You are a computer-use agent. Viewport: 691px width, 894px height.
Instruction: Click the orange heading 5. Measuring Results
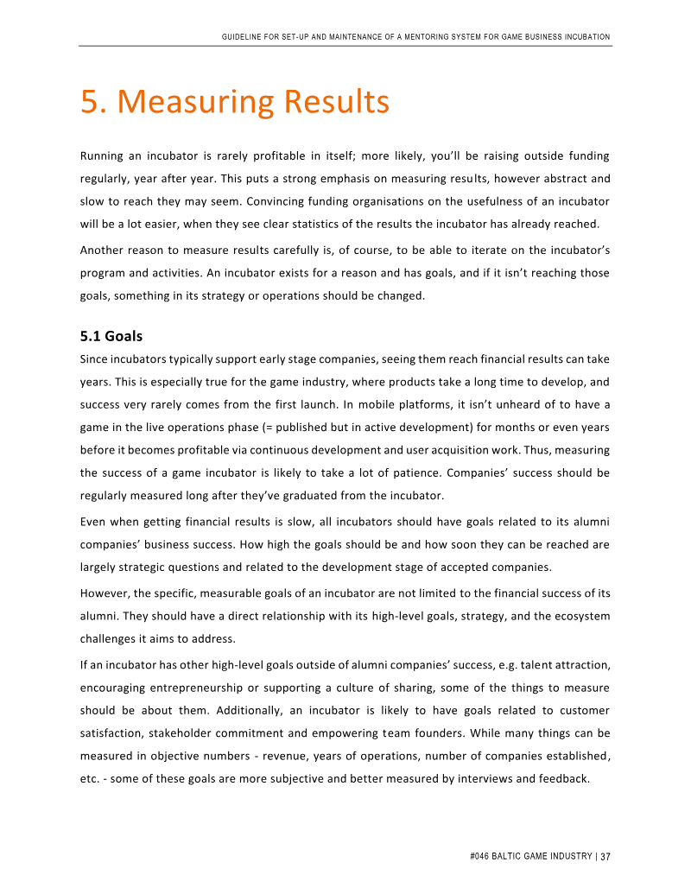click(235, 102)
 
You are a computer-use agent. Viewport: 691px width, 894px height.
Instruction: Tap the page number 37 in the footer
click(605, 857)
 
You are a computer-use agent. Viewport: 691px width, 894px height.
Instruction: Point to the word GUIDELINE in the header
click(242, 37)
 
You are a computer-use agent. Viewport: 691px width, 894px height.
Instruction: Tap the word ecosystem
click(578, 616)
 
